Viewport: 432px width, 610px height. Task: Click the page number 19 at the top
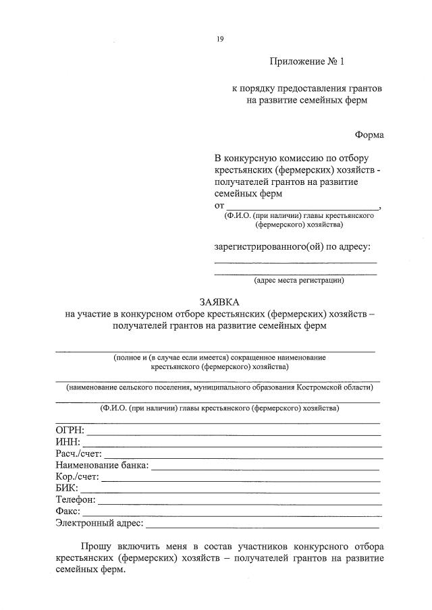[x=220, y=39]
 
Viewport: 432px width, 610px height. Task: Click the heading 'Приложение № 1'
[x=306, y=62]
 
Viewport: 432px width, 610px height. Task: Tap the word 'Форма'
[x=369, y=136]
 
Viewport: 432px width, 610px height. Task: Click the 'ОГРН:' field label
[x=69, y=430]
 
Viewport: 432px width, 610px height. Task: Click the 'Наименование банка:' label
[x=102, y=465]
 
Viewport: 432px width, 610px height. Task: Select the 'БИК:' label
[x=67, y=488]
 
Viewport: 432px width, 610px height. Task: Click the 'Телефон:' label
[x=76, y=500]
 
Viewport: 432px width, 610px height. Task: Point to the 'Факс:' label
[x=68, y=511]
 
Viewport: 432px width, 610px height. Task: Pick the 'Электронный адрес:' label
[x=99, y=523]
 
